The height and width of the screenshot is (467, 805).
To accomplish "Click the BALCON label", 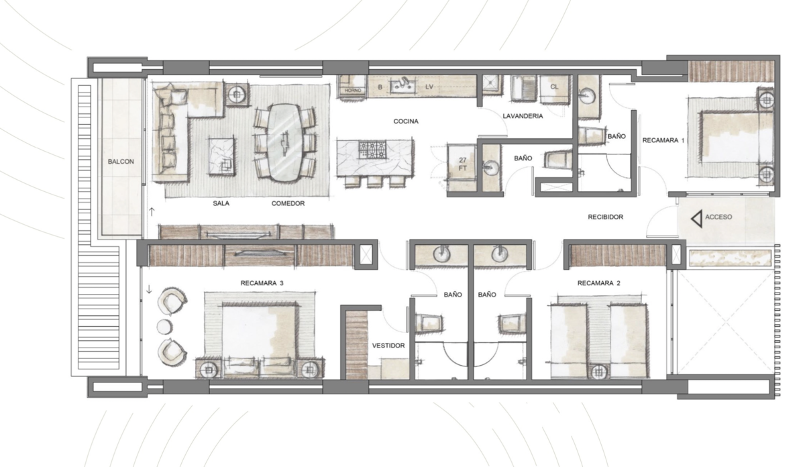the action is click(121, 162).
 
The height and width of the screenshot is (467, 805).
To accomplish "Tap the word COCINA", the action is click(406, 121).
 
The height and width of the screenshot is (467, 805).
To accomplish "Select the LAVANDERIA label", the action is click(523, 116).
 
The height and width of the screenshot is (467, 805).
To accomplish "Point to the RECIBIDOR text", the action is click(606, 217).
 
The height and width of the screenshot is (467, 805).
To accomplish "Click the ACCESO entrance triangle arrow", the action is click(696, 219).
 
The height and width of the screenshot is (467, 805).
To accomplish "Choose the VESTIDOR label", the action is click(388, 346).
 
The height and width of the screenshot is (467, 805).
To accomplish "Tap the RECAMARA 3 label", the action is click(262, 283).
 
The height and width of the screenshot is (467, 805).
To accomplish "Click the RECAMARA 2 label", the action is click(598, 283).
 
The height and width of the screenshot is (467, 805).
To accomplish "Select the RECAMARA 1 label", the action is click(663, 140).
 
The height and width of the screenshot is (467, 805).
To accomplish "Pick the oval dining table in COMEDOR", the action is click(285, 143).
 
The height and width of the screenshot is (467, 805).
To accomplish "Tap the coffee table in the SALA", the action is click(221, 156).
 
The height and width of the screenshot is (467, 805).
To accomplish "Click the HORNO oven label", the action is click(353, 91).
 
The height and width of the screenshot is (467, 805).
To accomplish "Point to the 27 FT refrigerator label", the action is click(462, 164).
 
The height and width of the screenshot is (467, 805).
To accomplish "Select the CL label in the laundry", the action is click(554, 87).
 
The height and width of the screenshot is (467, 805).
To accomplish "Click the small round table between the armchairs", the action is click(164, 327).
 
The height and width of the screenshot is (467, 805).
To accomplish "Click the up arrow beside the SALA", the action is click(152, 212).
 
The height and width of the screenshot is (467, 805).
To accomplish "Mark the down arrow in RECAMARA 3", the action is click(149, 289).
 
